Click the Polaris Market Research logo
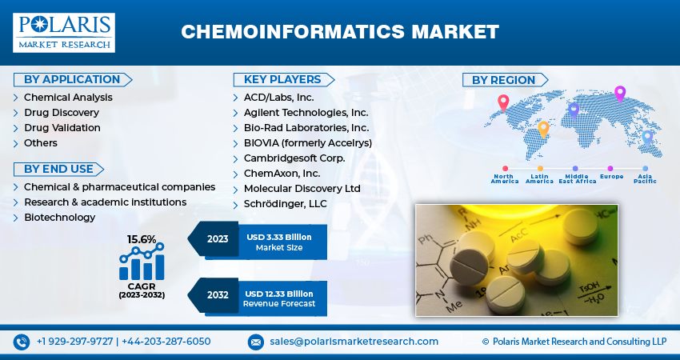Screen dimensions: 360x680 pyautogui.click(x=63, y=32)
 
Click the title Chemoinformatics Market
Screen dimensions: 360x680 pyautogui.click(x=340, y=32)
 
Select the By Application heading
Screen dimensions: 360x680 pyautogui.click(x=71, y=79)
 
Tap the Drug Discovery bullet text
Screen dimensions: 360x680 pyautogui.click(x=61, y=113)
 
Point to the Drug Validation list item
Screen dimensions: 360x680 pyautogui.click(x=62, y=128)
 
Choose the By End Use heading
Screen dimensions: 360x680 pyautogui.click(x=58, y=169)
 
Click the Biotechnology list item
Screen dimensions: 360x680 pyautogui.click(x=59, y=218)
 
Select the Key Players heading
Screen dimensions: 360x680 pyautogui.click(x=283, y=79)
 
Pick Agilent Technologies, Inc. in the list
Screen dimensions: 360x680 pyautogui.click(x=306, y=113)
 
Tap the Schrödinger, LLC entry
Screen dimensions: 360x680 pyautogui.click(x=285, y=204)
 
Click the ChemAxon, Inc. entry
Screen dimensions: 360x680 pyautogui.click(x=282, y=174)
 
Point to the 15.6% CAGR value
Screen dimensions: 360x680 pyautogui.click(x=142, y=239)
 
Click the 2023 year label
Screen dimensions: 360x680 pyautogui.click(x=217, y=238)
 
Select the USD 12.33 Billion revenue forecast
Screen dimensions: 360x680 pyautogui.click(x=279, y=294)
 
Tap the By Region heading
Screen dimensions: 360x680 pyautogui.click(x=503, y=80)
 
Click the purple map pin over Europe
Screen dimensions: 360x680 pyautogui.click(x=619, y=93)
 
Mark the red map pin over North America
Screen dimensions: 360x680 pyautogui.click(x=502, y=102)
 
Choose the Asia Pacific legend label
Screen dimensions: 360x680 pyautogui.click(x=645, y=178)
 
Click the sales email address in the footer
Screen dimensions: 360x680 pyautogui.click(x=354, y=342)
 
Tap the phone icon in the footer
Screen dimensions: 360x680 pyautogui.click(x=22, y=342)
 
